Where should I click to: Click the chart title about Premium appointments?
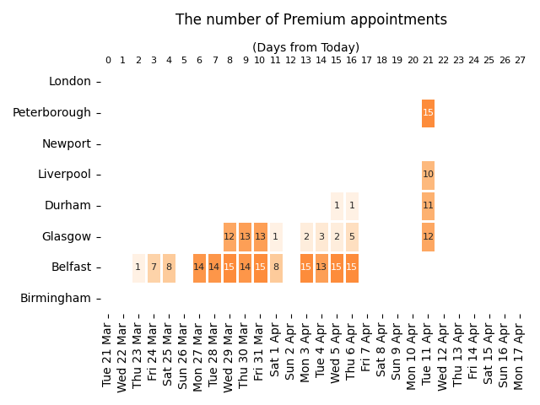[x=311, y=19]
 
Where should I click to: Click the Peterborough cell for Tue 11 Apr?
[x=428, y=113]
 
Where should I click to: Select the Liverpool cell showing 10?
[x=428, y=175]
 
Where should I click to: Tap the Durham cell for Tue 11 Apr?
[x=428, y=206]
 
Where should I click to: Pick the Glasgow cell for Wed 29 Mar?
[x=229, y=237]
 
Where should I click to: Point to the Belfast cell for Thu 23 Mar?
[x=138, y=267]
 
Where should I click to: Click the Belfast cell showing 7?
[x=154, y=267]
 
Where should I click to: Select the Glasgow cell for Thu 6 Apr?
[x=352, y=237]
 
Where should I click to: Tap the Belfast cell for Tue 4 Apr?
[x=321, y=267]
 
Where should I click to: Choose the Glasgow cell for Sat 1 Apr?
[x=275, y=237]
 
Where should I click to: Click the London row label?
[x=70, y=82]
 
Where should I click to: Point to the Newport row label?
[x=67, y=143]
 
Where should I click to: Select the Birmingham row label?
[x=56, y=298]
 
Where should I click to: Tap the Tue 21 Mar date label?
[x=108, y=351]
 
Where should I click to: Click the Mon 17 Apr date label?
[x=520, y=351]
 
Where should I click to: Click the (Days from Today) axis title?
[x=305, y=48]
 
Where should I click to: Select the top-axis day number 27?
[x=520, y=61]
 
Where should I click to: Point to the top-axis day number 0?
[x=108, y=61]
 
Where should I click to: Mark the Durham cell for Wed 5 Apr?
[x=337, y=206]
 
